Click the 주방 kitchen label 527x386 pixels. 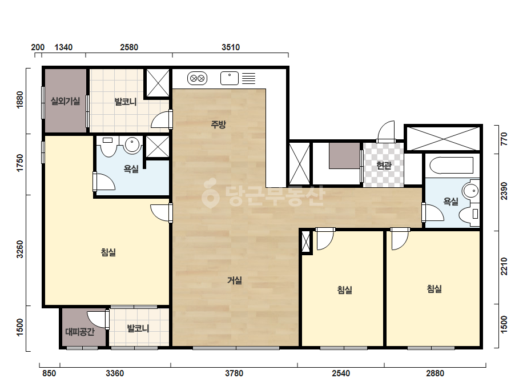[x=219, y=124]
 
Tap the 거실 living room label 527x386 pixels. [x=235, y=280]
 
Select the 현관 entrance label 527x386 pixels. [x=384, y=165]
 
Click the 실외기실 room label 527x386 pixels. [x=66, y=100]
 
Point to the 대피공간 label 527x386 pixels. [x=80, y=332]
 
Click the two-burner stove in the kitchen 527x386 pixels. [x=198, y=79]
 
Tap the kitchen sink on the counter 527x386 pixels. [x=230, y=78]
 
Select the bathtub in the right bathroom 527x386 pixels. [x=454, y=165]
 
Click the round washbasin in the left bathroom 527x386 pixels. [x=132, y=145]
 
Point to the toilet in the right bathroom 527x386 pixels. [x=469, y=214]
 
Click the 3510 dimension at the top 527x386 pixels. [x=231, y=47]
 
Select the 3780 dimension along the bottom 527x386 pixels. [x=234, y=373]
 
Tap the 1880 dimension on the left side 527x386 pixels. [x=20, y=99]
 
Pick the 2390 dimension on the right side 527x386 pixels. [x=504, y=191]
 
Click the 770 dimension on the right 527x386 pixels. [x=504, y=139]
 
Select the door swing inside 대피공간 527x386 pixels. [x=97, y=319]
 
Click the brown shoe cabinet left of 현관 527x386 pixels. [x=344, y=156]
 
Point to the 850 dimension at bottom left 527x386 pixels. [x=49, y=373]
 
